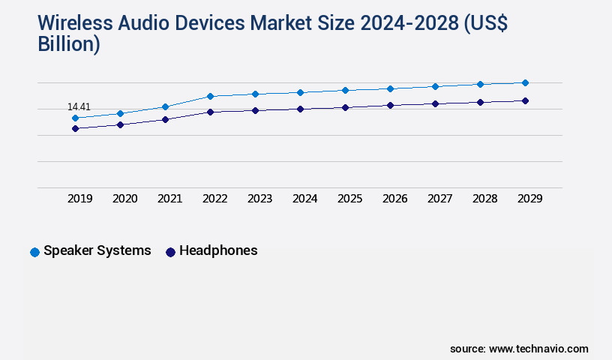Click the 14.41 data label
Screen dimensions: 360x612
(79, 107)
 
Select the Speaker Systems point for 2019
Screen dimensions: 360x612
(75, 118)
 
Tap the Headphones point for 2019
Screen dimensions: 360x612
(75, 128)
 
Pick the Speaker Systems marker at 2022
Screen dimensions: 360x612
(210, 96)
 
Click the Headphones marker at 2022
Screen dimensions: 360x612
(210, 112)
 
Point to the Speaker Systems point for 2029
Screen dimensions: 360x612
(525, 82)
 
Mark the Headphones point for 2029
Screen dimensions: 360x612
(525, 100)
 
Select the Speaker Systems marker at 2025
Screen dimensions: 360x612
(345, 90)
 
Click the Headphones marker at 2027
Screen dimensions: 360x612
(435, 103)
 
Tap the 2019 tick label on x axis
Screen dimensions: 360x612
(80, 199)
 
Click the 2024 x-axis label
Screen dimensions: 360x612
(305, 199)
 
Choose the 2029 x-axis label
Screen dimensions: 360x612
(530, 199)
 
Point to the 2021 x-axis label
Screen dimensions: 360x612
(170, 199)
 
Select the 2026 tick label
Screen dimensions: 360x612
(395, 199)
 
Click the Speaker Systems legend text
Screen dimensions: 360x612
(97, 250)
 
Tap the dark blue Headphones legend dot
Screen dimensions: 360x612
(170, 252)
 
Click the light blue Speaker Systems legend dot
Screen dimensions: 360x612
(34, 252)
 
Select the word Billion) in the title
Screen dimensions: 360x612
(69, 44)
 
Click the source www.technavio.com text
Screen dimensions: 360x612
(519, 349)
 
